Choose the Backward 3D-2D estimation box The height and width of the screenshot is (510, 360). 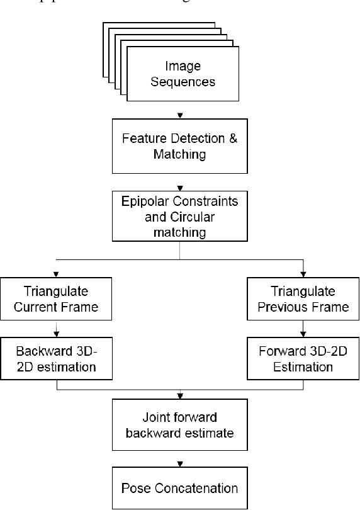click(x=57, y=360)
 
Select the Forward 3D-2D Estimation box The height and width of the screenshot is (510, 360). click(x=304, y=360)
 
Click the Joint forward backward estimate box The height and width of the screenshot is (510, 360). click(x=181, y=425)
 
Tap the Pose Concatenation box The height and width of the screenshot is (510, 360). click(x=181, y=487)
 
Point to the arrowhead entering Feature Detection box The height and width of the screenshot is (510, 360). click(x=181, y=115)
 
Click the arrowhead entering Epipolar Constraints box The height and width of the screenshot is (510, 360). click(x=181, y=188)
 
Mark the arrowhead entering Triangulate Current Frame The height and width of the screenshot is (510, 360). click(x=57, y=275)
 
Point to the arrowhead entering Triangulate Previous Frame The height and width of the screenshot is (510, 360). click(x=304, y=275)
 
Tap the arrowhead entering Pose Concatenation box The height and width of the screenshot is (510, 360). click(x=181, y=463)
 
